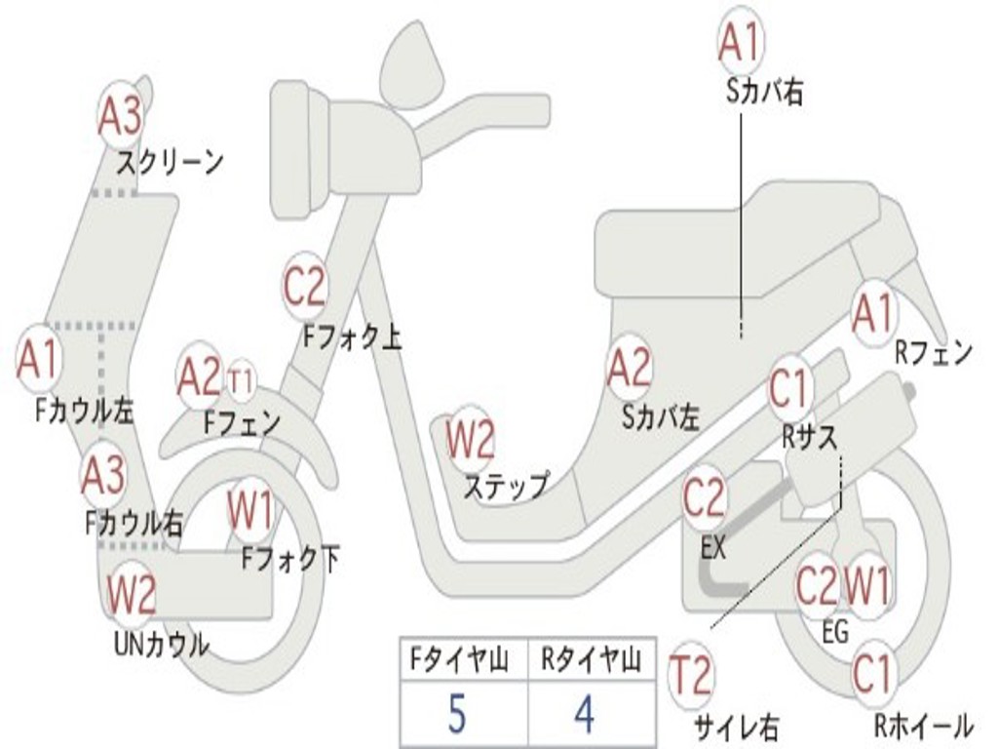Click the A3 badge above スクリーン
pyautogui.click(x=121, y=116)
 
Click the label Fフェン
pyautogui.click(x=242, y=423)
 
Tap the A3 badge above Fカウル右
pyautogui.click(x=102, y=475)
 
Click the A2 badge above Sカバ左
pyautogui.click(x=629, y=369)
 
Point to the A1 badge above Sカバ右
pyautogui.click(x=739, y=41)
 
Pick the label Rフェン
pyautogui.click(x=934, y=354)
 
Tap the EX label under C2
pyautogui.click(x=713, y=548)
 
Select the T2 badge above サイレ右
pyautogui.click(x=691, y=675)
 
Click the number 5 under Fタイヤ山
pyautogui.click(x=457, y=715)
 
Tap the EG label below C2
pyautogui.click(x=835, y=632)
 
